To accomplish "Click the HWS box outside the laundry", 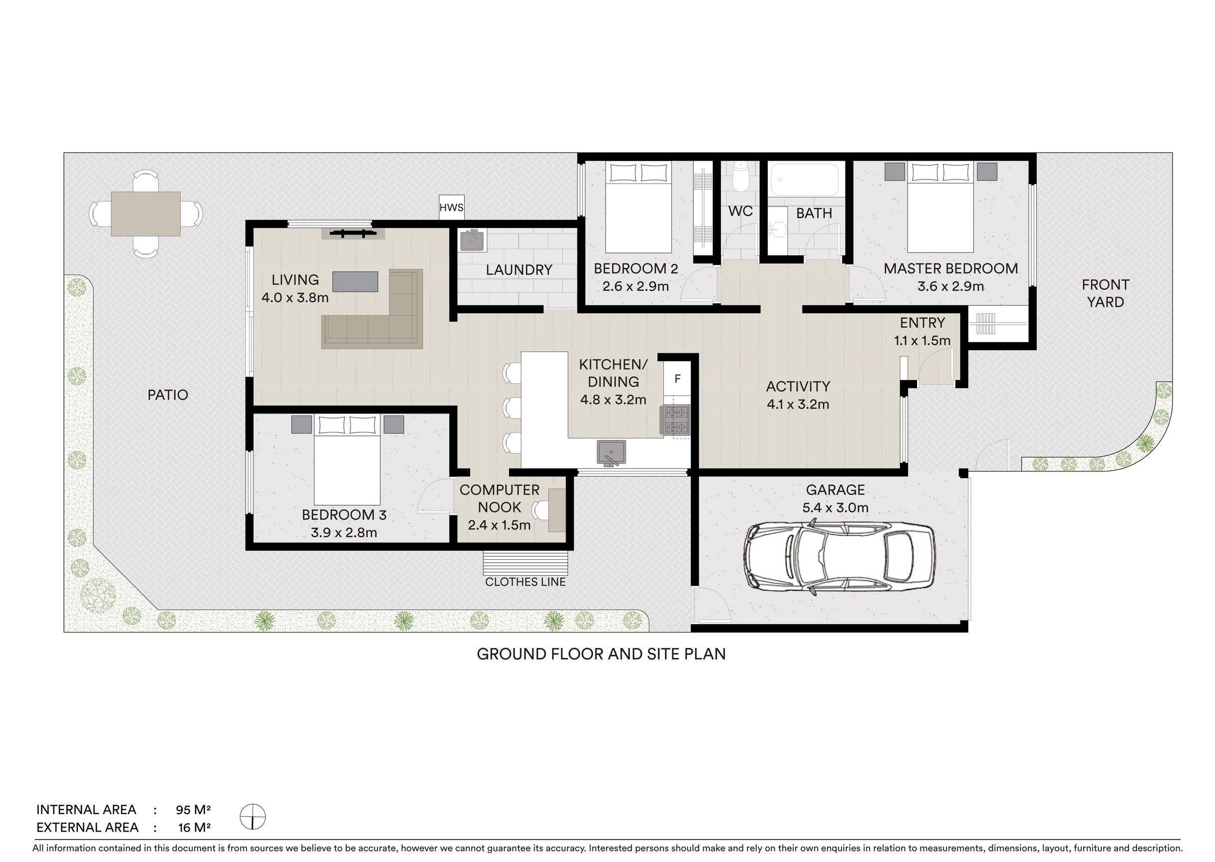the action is click(x=451, y=207).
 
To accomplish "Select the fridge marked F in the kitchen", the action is click(x=677, y=379).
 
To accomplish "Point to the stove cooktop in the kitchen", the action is click(x=675, y=421).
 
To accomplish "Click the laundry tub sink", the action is click(x=472, y=240).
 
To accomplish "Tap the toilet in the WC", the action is click(x=740, y=177).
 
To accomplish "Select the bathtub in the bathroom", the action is click(x=805, y=180).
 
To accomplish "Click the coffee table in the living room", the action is click(x=355, y=281).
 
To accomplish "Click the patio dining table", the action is click(x=145, y=214).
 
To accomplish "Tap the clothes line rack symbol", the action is click(x=526, y=564).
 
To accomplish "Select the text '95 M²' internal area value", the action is click(x=193, y=810).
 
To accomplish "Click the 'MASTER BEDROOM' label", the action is click(x=950, y=268).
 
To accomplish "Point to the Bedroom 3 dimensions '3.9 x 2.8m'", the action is click(x=344, y=532).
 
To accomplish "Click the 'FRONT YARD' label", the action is click(x=1105, y=293).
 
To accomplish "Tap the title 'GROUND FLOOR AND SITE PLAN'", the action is click(x=601, y=654).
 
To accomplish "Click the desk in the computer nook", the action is click(x=557, y=510).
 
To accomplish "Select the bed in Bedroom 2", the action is click(x=638, y=208).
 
